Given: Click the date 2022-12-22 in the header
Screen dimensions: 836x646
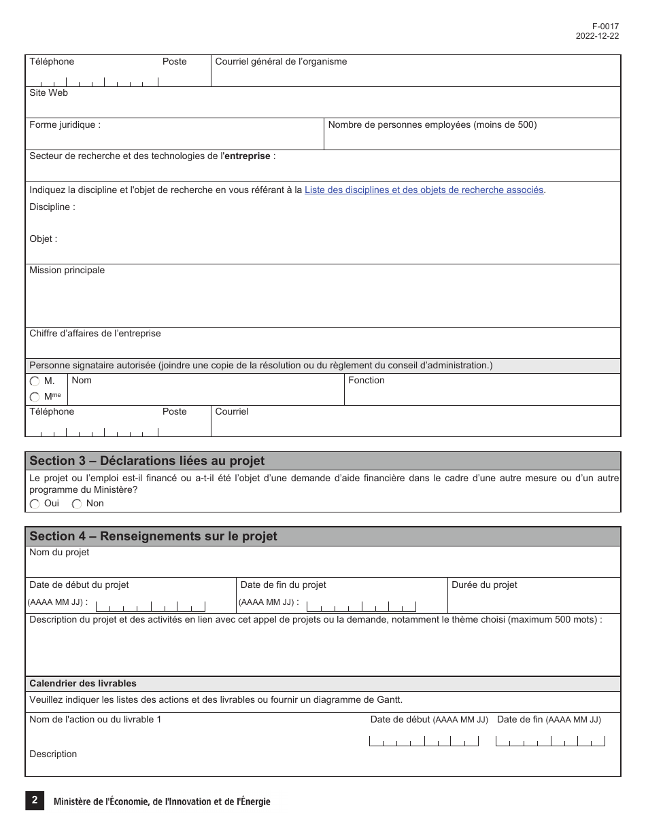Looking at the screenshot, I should click(x=597, y=37).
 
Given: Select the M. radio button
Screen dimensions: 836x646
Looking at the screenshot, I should click(x=35, y=382).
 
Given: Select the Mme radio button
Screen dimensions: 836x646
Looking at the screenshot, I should click(x=35, y=397).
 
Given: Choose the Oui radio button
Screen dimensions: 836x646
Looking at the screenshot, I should click(x=35, y=504).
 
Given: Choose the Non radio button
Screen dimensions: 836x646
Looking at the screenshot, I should click(x=77, y=504).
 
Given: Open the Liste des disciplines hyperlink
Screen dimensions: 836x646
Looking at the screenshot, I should click(x=424, y=190).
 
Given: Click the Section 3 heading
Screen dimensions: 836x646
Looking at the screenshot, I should click(x=147, y=461).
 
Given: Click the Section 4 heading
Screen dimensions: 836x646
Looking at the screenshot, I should click(x=153, y=536).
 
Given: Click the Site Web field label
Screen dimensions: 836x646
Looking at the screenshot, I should click(x=48, y=93).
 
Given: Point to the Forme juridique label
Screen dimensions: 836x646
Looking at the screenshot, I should click(x=65, y=125).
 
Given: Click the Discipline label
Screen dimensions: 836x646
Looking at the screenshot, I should click(x=52, y=207).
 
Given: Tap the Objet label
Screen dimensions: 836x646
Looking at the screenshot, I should click(x=44, y=239).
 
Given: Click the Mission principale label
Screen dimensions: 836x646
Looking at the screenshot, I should click(x=67, y=271).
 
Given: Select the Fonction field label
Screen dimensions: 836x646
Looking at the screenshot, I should click(x=366, y=381).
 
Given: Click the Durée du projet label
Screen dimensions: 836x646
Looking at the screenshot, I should click(x=484, y=585).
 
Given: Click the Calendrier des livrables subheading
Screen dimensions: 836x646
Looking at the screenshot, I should click(x=83, y=684).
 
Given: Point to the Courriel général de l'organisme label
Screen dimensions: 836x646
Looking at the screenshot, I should click(x=281, y=62).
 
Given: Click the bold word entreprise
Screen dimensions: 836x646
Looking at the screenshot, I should click(x=247, y=156).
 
